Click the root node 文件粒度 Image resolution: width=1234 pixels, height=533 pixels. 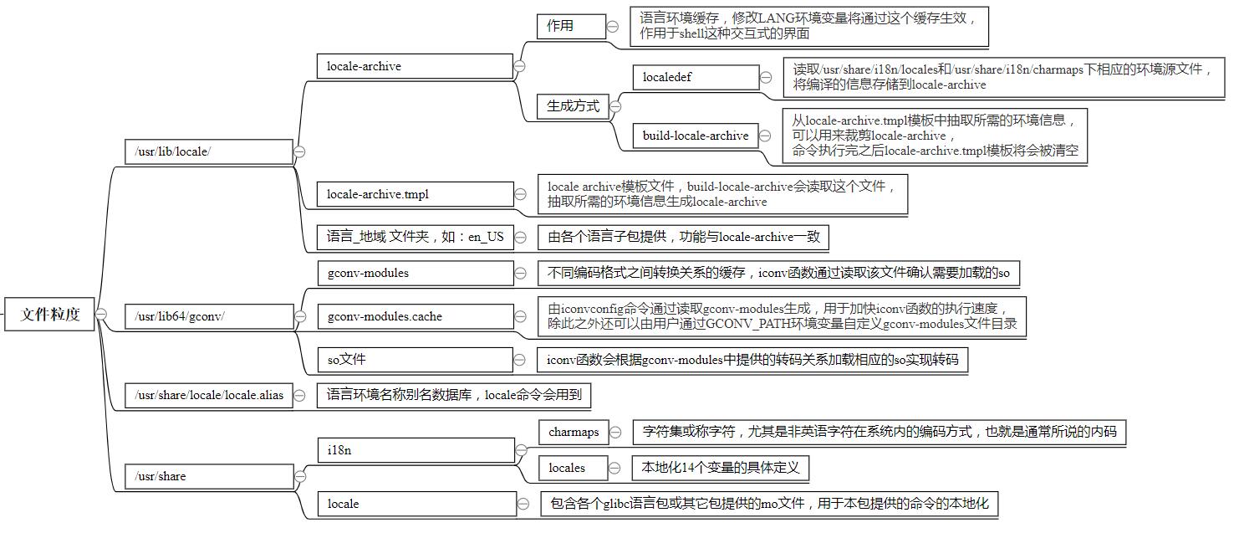tap(50, 315)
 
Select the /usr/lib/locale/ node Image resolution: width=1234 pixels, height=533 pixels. tap(207, 151)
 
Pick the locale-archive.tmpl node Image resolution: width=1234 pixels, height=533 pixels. tap(415, 194)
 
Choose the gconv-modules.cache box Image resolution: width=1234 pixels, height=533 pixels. tap(415, 316)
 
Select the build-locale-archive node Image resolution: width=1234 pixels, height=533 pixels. tap(696, 136)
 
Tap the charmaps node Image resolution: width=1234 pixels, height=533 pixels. tap(574, 433)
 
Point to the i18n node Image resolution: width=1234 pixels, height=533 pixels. tap(415, 451)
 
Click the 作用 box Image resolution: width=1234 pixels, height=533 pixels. tap(571, 26)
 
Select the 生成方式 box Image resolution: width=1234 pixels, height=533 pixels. tap(573, 106)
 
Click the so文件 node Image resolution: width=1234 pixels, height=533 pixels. tap(415, 360)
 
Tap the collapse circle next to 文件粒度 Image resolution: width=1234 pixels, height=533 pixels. tap(101, 314)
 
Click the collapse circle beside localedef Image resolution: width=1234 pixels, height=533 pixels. tap(766, 78)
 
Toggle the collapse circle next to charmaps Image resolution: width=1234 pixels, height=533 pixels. tap(615, 433)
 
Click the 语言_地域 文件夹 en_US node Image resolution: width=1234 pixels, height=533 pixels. tap(415, 237)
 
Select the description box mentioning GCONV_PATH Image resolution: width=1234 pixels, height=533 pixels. tap(782, 316)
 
